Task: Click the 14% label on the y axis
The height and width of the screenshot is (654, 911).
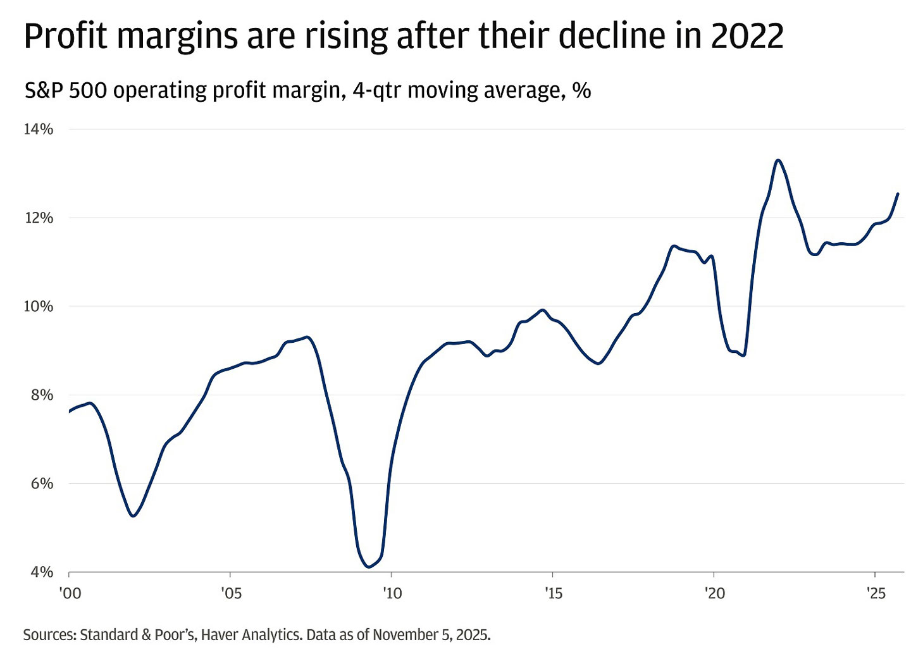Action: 38,129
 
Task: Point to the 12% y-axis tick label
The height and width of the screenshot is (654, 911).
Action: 38,218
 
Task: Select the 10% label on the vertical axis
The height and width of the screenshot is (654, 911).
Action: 38,306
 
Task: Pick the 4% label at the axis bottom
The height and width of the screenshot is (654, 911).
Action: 42,572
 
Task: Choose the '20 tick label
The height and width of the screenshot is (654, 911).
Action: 714,594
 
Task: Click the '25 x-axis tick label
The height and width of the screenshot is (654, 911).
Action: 875,594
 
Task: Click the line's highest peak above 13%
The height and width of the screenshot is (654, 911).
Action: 778,160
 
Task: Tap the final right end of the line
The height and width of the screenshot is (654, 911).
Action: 898,194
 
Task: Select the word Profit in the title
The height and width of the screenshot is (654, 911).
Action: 65,36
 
